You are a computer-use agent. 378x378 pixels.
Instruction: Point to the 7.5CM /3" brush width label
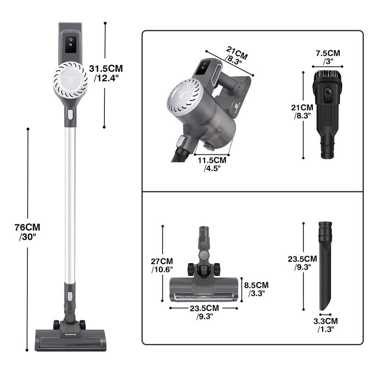point(327,57)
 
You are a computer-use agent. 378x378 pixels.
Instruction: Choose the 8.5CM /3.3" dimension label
point(256,289)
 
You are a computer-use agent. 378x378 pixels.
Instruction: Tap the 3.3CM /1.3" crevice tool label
point(326,325)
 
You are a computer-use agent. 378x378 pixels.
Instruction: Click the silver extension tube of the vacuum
point(69,203)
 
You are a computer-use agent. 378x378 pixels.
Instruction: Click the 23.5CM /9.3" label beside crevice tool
point(302,263)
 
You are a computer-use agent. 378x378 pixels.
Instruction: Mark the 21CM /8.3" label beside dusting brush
point(301,111)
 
